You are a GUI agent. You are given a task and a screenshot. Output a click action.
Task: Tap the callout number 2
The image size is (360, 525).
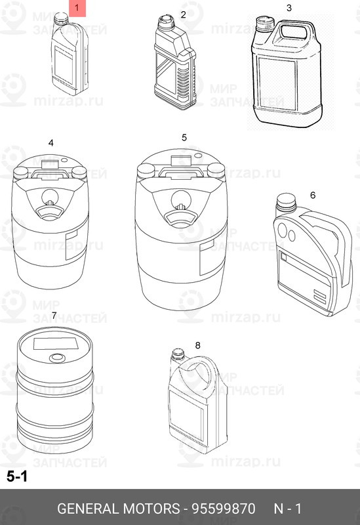pyautogui.click(x=183, y=14)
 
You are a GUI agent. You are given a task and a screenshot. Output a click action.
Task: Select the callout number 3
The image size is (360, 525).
pyautogui.click(x=289, y=9)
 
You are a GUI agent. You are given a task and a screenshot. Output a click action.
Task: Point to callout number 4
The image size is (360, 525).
pyautogui.click(x=50, y=142)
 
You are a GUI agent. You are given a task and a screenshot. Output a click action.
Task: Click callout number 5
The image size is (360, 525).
pyautogui.click(x=184, y=137)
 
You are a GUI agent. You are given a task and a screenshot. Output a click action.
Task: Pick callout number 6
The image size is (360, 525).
pyautogui.click(x=312, y=195)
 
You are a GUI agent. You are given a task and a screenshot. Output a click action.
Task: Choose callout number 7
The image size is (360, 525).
pyautogui.click(x=53, y=316)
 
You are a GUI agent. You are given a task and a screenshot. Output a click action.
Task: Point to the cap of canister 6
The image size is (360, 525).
pyautogui.click(x=285, y=200)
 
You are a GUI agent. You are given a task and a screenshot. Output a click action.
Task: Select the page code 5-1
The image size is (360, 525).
pyautogui.click(x=17, y=478)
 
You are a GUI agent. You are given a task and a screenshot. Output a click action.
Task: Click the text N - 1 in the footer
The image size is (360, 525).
pyautogui.click(x=287, y=509)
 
